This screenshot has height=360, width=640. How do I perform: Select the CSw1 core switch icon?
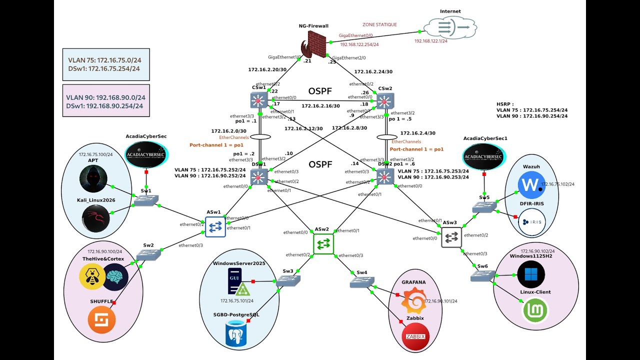click(x=259, y=101)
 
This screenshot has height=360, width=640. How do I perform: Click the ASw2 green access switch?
click(x=323, y=243)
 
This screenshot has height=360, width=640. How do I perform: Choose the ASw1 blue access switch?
click(x=215, y=227)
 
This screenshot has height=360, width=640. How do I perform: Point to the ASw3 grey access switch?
click(x=451, y=237)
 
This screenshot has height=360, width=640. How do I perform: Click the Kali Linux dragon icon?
click(x=95, y=219)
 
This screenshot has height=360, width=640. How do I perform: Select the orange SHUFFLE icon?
click(x=101, y=319)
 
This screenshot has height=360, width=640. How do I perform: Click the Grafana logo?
click(x=414, y=301)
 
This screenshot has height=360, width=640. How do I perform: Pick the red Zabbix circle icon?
click(x=415, y=336)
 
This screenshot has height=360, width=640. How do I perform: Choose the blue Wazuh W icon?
click(x=531, y=185)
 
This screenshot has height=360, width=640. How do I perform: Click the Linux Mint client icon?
click(x=535, y=310)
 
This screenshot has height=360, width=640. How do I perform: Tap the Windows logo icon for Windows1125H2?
click(x=531, y=275)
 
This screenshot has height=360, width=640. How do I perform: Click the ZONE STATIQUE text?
click(x=379, y=24)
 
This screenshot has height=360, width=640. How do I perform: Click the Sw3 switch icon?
click(x=288, y=281)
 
